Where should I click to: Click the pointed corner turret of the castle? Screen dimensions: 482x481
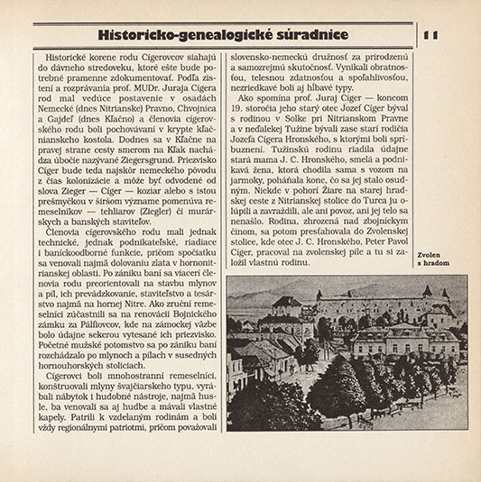click(411, 296)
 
